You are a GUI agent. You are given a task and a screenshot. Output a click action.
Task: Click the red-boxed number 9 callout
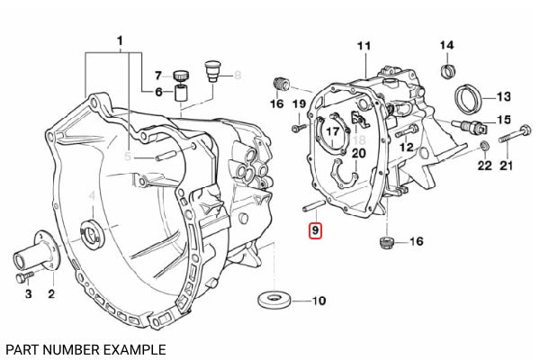(315, 230)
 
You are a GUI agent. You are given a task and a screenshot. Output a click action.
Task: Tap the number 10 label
(319, 301)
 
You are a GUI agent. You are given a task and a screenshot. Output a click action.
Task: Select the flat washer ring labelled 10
(274, 300)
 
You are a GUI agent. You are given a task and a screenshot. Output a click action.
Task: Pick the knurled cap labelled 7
(179, 75)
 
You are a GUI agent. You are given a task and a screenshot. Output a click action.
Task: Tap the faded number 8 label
(238, 75)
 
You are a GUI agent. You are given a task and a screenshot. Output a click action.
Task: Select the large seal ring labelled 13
(468, 99)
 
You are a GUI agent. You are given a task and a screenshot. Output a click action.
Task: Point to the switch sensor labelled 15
(470, 126)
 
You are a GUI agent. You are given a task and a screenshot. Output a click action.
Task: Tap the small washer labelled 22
(485, 146)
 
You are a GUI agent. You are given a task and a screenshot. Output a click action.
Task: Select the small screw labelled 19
(299, 128)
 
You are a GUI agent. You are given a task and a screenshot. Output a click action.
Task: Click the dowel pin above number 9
(313, 206)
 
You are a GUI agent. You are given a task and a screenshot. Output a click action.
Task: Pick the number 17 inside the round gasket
(333, 131)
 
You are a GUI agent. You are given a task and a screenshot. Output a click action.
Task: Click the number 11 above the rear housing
(364, 46)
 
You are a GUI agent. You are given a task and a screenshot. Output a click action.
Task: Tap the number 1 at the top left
(120, 41)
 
